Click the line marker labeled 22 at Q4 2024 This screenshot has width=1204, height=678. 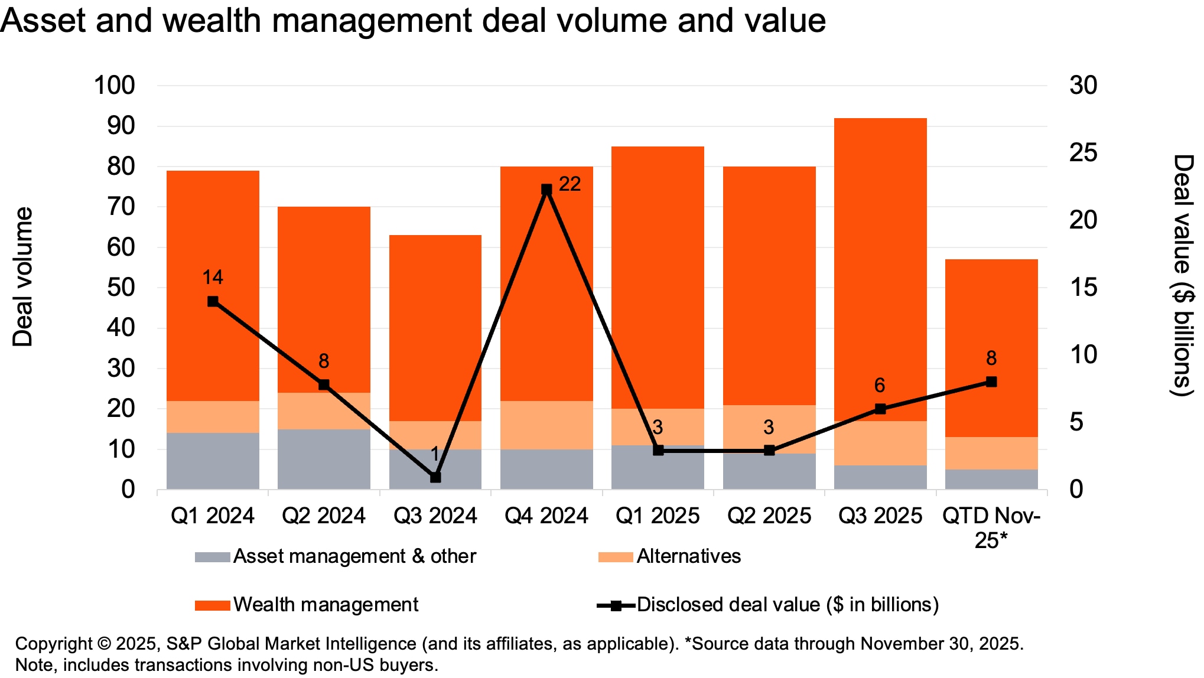(x=546, y=190)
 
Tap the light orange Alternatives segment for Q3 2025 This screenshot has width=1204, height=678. (x=880, y=443)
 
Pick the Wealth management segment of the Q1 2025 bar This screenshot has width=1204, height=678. (x=658, y=278)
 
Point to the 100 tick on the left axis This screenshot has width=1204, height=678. (x=115, y=86)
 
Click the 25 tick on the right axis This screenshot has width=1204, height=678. (x=1083, y=153)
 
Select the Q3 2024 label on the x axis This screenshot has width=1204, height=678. (x=435, y=516)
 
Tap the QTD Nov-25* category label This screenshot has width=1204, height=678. (x=991, y=527)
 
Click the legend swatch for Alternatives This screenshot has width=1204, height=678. (x=615, y=557)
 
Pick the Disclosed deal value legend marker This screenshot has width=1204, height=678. (x=616, y=605)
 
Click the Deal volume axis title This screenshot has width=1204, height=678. (x=23, y=276)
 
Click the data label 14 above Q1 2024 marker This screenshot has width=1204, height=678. (x=213, y=277)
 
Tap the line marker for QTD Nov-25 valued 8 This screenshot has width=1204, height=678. (x=991, y=382)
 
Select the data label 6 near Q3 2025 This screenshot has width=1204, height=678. (x=879, y=385)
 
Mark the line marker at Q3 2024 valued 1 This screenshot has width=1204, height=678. (x=435, y=477)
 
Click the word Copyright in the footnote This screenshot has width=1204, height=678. (x=53, y=643)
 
